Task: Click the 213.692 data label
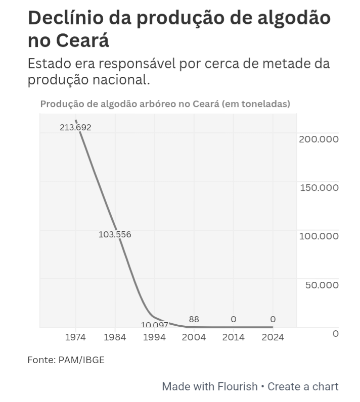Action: [75, 127]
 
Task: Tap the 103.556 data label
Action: [115, 234]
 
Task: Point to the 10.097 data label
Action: [154, 325]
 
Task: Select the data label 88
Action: [194, 319]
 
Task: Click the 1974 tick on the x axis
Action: [75, 337]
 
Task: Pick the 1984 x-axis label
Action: [115, 337]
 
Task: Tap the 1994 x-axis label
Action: [154, 337]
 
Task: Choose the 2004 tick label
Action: [194, 337]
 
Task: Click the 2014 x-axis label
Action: [233, 337]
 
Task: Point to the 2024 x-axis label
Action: [273, 337]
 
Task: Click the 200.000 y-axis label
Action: [319, 139]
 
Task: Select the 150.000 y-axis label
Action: [319, 187]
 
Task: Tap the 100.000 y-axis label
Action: [319, 236]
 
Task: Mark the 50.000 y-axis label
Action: [322, 285]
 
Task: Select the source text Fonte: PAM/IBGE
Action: [66, 360]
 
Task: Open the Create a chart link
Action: [303, 387]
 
